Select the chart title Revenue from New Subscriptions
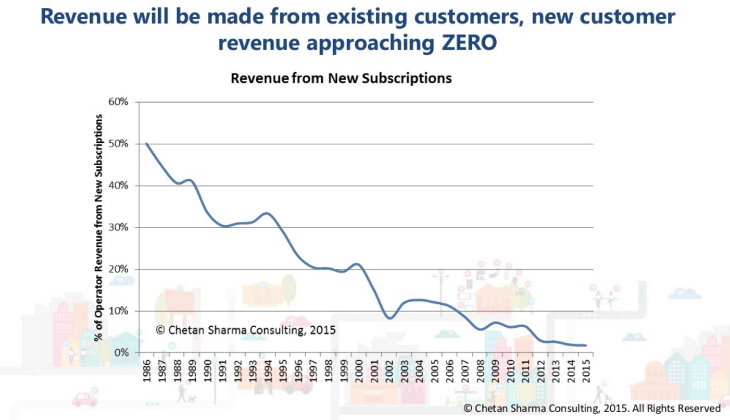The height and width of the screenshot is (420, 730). [341, 79]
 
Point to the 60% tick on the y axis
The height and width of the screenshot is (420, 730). [118, 102]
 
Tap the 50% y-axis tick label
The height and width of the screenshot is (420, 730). [118, 144]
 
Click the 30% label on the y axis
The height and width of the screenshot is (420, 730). [118, 228]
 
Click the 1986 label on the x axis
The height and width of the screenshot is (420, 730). [146, 370]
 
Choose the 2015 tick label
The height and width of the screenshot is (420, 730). [586, 370]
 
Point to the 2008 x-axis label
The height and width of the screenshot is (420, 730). [480, 370]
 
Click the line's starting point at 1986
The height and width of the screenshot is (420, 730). [147, 144]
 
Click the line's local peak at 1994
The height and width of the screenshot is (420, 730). [267, 213]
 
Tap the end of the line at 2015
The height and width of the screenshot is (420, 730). [586, 345]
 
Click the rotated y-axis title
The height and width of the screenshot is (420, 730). [98, 228]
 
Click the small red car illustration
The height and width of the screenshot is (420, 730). [84, 400]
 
